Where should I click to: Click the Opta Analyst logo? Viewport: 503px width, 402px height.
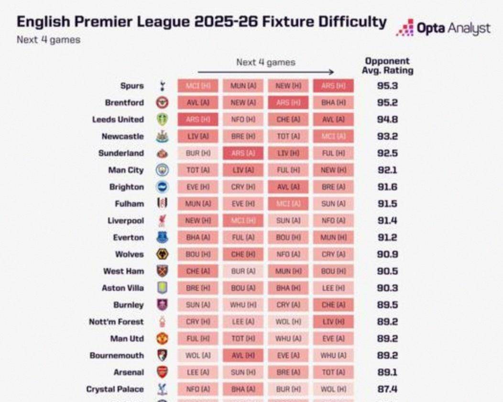pyautogui.click(x=443, y=28)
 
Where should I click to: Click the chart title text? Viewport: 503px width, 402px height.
pyautogui.click(x=201, y=22)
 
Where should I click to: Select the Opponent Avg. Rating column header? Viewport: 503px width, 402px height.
pyautogui.click(x=387, y=66)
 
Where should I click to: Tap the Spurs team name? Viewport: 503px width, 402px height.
pyautogui.click(x=132, y=86)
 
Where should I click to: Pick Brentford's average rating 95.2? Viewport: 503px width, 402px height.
pyautogui.click(x=387, y=103)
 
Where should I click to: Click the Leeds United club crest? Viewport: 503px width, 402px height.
pyautogui.click(x=163, y=120)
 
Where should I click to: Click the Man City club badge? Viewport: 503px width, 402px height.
pyautogui.click(x=163, y=170)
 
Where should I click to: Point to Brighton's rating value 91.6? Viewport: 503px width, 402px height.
pyautogui.click(x=387, y=187)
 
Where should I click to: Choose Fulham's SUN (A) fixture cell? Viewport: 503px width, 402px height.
pyautogui.click(x=333, y=204)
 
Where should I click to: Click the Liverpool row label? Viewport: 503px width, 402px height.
pyautogui.click(x=125, y=221)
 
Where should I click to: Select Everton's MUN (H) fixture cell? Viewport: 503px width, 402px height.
pyautogui.click(x=333, y=237)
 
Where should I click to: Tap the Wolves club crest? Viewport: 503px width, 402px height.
pyautogui.click(x=163, y=254)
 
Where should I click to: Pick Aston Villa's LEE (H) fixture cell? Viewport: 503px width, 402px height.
pyautogui.click(x=333, y=288)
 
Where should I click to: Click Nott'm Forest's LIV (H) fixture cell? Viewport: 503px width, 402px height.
pyautogui.click(x=333, y=322)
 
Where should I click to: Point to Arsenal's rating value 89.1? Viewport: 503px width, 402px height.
pyautogui.click(x=387, y=372)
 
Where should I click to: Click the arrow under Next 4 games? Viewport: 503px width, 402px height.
pyautogui.click(x=265, y=72)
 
